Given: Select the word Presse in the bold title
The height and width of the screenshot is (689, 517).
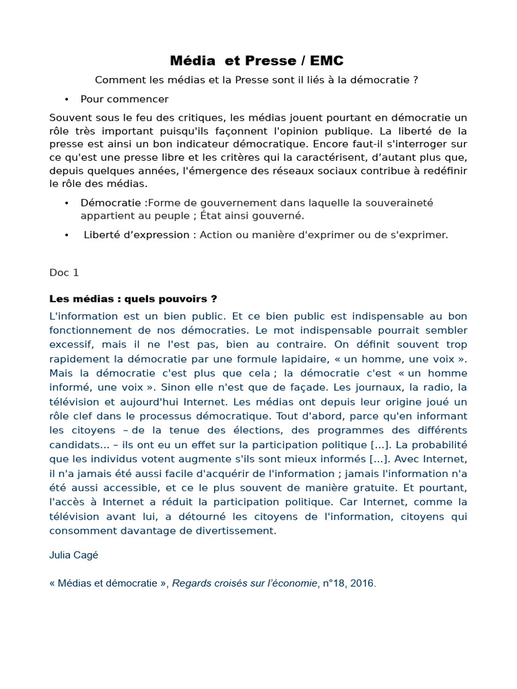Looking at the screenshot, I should point(263,61).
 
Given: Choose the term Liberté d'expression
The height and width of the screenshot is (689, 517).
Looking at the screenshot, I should point(136,235).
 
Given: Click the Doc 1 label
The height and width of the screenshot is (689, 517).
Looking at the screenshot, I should point(64,273).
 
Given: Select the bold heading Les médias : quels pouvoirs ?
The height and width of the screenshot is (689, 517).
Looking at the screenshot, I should point(133,299).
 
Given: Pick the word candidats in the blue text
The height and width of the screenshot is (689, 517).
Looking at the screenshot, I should point(73,444).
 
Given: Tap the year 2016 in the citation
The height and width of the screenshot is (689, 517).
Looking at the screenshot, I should point(362,583).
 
